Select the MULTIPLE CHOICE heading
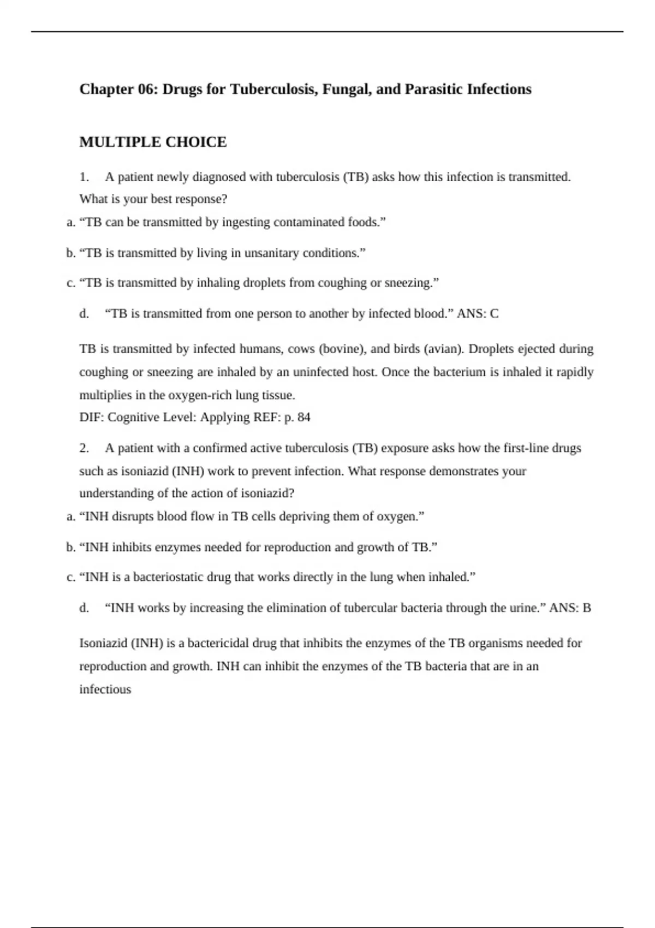click(153, 142)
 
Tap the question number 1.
click(84, 177)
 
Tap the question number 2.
click(84, 448)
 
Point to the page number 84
click(304, 418)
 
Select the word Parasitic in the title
click(433, 89)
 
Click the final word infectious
click(105, 689)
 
